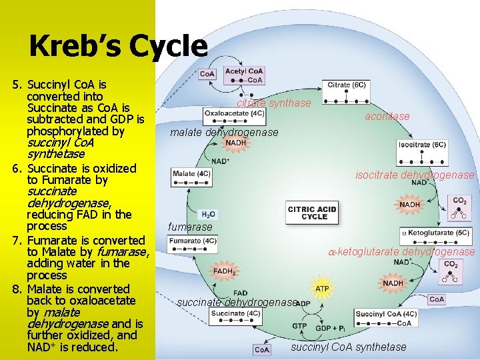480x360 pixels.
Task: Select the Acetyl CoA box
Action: pyautogui.click(x=245, y=75)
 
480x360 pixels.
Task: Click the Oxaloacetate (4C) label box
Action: pyautogui.click(x=234, y=113)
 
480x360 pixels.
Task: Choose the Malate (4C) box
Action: pyautogui.click(x=192, y=175)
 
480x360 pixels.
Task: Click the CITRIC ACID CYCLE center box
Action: pyautogui.click(x=311, y=213)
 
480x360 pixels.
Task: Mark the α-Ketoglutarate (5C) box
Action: pyautogui.click(x=435, y=233)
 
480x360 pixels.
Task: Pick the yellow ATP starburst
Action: pyautogui.click(x=322, y=289)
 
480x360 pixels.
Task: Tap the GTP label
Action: pyautogui.click(x=299, y=327)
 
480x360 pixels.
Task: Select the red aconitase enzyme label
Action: pyautogui.click(x=387, y=117)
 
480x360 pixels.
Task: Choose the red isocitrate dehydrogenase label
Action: pyautogui.click(x=415, y=175)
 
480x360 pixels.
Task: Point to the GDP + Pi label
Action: pyautogui.click(x=329, y=328)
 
